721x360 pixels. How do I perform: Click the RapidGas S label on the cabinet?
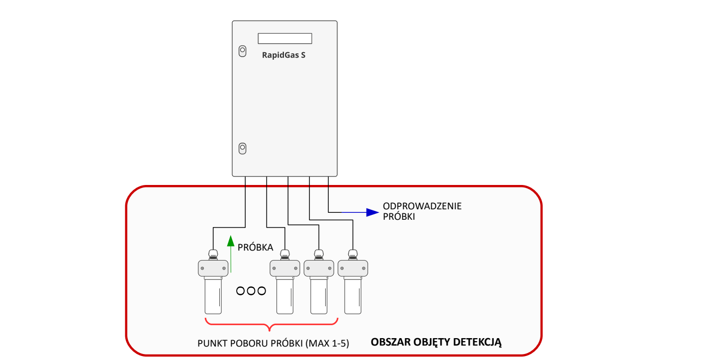point(283,55)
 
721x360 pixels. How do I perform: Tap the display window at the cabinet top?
point(284,38)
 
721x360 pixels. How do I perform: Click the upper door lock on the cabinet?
point(242,51)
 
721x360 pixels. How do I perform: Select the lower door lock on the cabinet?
point(242,148)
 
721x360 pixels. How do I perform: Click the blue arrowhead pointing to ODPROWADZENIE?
point(372,212)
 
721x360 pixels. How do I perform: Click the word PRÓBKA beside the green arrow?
point(256,247)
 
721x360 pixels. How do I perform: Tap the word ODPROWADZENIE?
point(422,206)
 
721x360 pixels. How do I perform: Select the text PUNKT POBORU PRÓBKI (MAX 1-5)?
point(273,344)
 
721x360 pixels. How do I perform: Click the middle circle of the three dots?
point(251,291)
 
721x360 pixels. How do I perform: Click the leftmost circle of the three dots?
point(240,291)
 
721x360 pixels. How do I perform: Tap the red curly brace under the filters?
point(271,324)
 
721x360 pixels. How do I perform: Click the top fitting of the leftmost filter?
point(213,255)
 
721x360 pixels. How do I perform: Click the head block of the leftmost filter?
point(213,269)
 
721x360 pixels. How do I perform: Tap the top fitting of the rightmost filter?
point(353,255)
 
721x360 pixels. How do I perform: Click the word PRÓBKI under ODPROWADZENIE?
point(399,217)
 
